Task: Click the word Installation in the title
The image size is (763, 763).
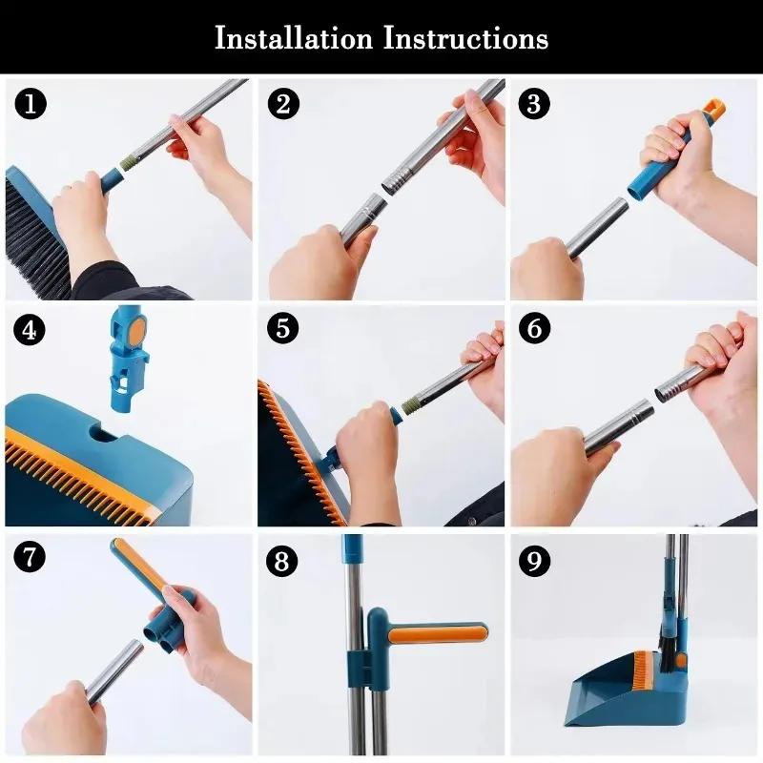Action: point(294,38)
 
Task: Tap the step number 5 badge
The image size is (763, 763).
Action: point(282,331)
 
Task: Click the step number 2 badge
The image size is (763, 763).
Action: point(282,104)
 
